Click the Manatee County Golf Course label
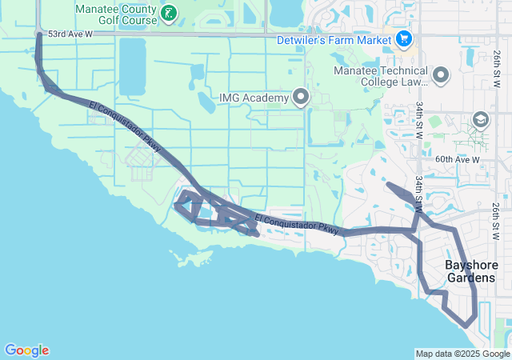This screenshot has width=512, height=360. point(116,13)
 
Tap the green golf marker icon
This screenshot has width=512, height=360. point(169,13)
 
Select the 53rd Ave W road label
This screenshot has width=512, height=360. point(70,35)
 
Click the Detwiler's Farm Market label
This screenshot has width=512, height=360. point(334,38)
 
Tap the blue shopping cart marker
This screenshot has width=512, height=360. point(403,38)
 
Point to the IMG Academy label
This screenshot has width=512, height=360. point(253,98)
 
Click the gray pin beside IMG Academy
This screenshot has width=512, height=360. point(302,98)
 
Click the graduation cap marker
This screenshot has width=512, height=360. point(481,121)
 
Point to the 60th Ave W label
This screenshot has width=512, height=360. point(458,160)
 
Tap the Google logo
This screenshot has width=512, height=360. point(26,350)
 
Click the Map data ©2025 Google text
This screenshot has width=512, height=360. point(462,354)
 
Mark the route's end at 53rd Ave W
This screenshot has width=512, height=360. point(39,34)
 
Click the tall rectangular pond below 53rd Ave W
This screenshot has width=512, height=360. point(132,66)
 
